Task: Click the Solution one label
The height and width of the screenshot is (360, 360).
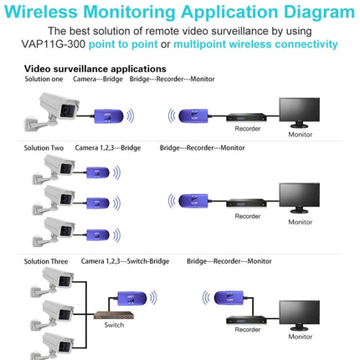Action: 44,80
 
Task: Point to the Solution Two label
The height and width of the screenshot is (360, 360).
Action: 44,148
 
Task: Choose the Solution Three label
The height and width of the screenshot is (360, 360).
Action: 46,261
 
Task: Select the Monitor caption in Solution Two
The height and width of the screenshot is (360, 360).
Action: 300,222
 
